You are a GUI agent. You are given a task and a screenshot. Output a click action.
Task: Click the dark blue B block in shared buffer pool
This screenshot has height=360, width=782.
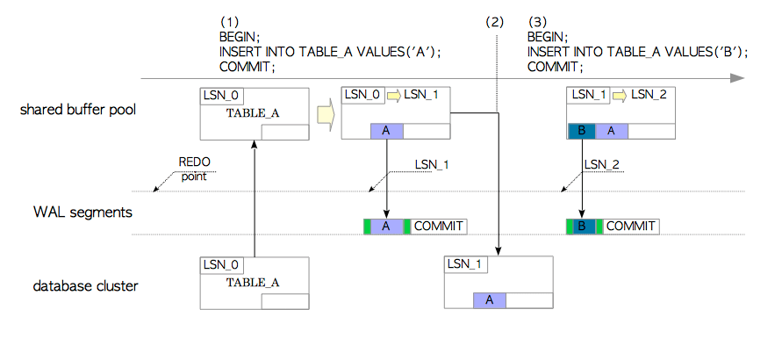(579, 131)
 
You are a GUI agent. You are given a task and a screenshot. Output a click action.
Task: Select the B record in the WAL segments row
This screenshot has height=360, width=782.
(582, 226)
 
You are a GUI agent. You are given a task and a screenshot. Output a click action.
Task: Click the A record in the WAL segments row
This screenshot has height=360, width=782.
(386, 226)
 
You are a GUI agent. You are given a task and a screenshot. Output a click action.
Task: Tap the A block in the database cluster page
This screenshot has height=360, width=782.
(490, 299)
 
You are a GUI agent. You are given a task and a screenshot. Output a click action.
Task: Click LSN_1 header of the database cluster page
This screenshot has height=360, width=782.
(465, 263)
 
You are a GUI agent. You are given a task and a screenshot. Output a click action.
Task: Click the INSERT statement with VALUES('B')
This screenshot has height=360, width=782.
(637, 52)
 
